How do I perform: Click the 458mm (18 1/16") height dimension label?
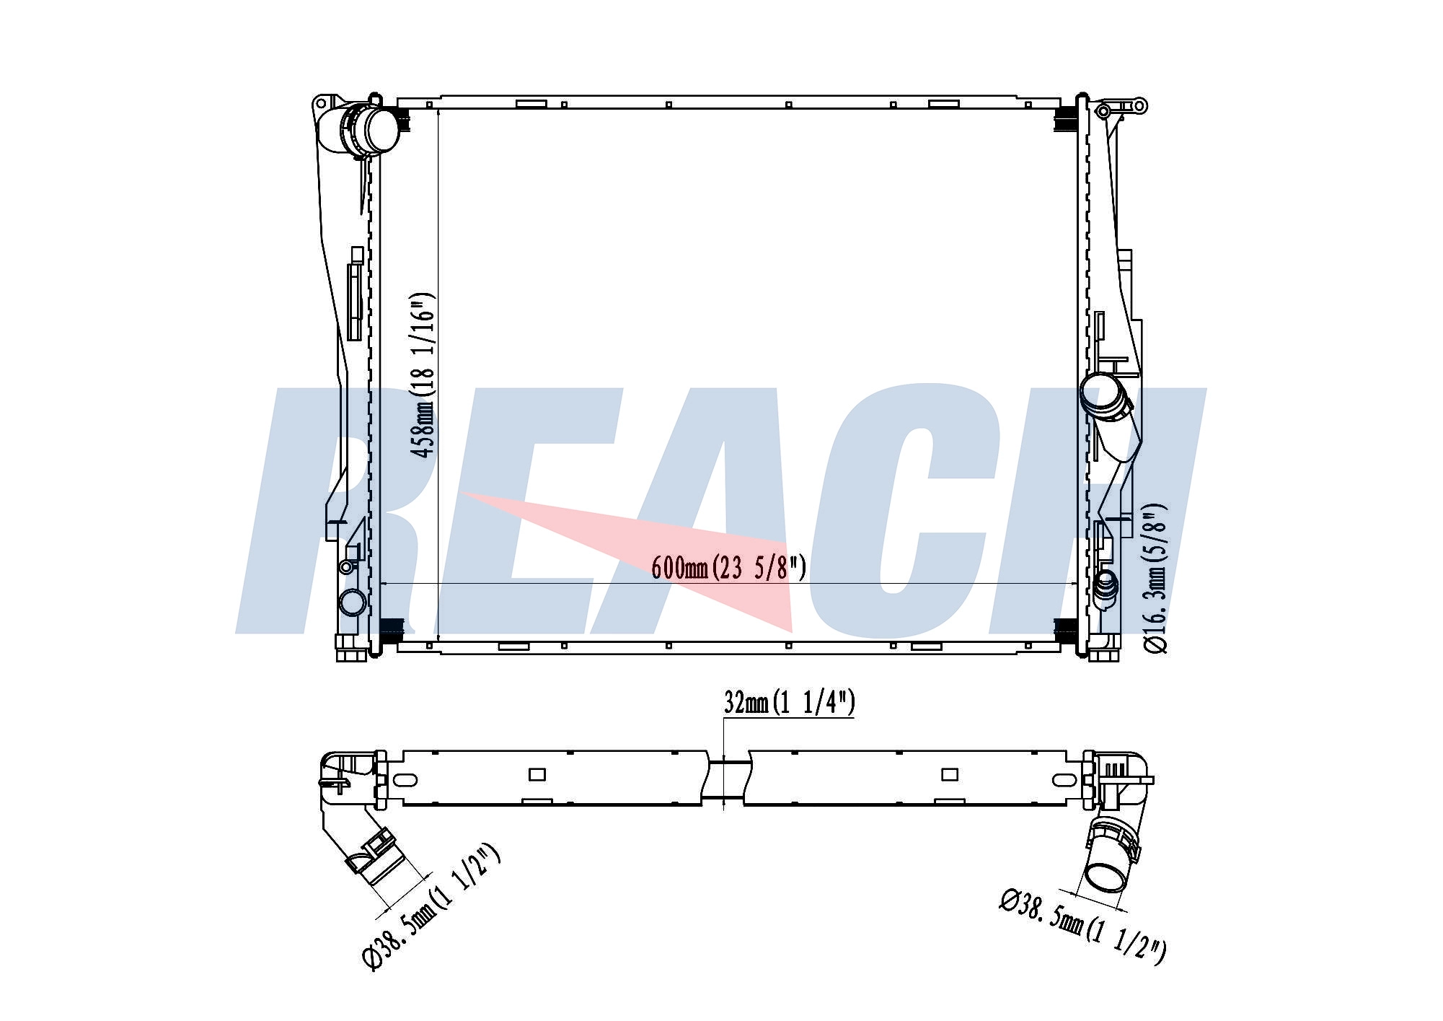tap(423, 374)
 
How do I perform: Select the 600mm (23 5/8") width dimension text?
tap(728, 568)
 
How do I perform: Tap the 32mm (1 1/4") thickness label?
tap(790, 702)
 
